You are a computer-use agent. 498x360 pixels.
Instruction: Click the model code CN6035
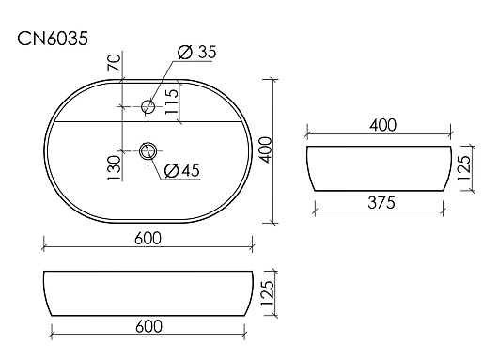pos(53,39)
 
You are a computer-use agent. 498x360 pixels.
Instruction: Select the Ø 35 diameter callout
pos(197,52)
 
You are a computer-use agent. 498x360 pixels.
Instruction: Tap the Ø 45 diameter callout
pos(182,171)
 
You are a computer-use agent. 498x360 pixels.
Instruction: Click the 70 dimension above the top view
pos(114,63)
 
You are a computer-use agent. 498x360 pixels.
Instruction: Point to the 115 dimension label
pos(172,102)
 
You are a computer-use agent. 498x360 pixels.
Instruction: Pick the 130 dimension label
pos(114,167)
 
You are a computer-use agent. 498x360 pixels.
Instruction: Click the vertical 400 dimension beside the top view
pos(266,150)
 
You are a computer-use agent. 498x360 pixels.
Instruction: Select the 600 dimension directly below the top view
pos(148,239)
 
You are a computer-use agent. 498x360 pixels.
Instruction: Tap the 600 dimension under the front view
pos(148,326)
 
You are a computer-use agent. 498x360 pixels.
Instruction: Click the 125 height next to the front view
pos(267,293)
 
